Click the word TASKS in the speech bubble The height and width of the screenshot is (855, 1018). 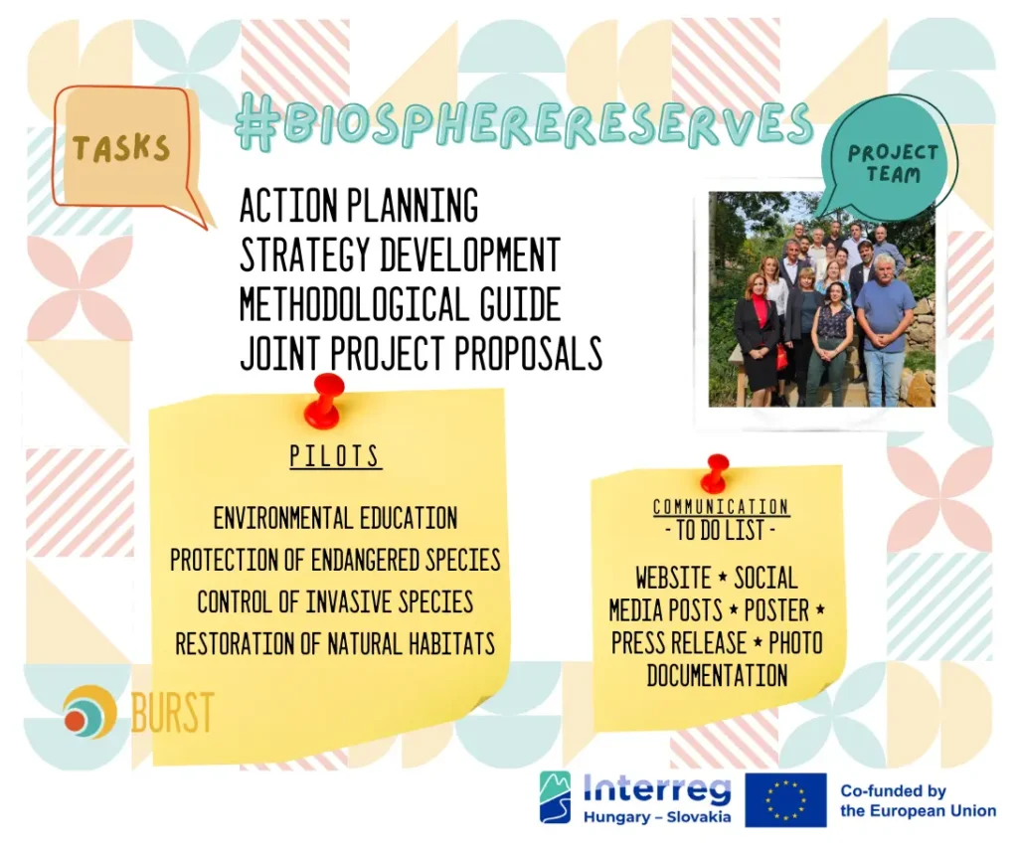(x=121, y=149)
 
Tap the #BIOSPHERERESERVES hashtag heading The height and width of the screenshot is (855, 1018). (x=524, y=122)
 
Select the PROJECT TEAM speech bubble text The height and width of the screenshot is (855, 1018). (x=893, y=164)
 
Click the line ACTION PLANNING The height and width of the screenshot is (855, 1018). (x=359, y=205)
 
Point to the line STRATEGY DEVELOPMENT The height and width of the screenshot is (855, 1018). (x=400, y=255)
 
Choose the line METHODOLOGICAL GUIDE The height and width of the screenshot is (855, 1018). (x=400, y=304)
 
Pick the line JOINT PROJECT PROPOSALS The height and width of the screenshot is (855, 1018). (x=422, y=353)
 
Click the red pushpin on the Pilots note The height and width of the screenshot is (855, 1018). (x=325, y=401)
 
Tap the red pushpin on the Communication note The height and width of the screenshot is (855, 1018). (x=715, y=474)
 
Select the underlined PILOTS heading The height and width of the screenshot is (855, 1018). (x=336, y=456)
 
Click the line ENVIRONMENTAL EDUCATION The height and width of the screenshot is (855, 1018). (x=336, y=518)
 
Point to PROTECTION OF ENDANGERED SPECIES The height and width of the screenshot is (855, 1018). (x=336, y=561)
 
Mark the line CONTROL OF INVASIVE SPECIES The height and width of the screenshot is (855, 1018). (x=336, y=601)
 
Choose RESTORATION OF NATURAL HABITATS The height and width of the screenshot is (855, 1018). (x=336, y=644)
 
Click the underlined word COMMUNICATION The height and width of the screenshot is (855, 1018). (x=722, y=507)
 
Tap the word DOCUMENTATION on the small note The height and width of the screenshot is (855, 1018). (x=718, y=676)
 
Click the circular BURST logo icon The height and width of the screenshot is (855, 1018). (x=89, y=712)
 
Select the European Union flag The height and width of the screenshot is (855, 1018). (x=785, y=799)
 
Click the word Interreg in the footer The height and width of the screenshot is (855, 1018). (x=657, y=789)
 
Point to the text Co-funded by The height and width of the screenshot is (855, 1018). (x=894, y=790)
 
